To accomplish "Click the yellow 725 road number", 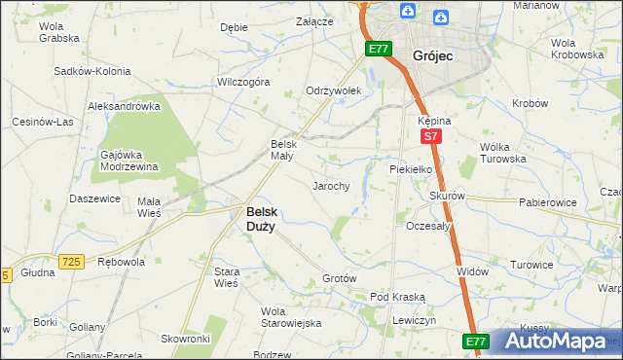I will [x=69, y=261].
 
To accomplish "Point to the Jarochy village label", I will [x=330, y=185].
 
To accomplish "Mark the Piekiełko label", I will [x=411, y=167].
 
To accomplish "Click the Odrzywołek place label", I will [x=334, y=90].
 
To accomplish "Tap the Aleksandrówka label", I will [x=124, y=106].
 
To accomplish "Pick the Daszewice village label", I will [x=94, y=198].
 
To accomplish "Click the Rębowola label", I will [x=122, y=262].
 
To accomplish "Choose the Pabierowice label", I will [x=548, y=202].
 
